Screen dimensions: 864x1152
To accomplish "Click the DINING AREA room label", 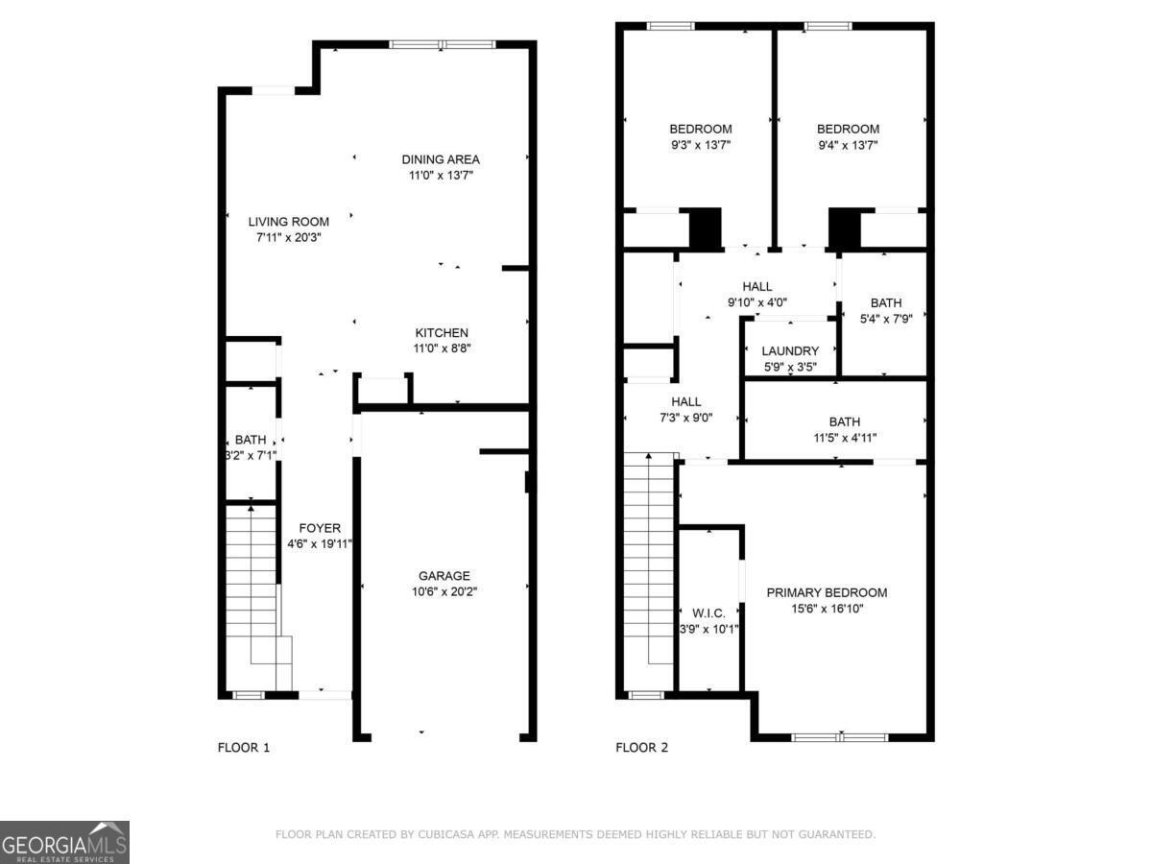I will click(x=441, y=159).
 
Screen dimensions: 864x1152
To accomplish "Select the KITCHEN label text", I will click(x=441, y=333).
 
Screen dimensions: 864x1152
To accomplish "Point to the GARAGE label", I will click(x=444, y=576).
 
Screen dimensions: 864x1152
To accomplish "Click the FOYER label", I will click(x=320, y=528).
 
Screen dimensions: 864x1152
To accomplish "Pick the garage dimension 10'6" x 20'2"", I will click(x=444, y=592).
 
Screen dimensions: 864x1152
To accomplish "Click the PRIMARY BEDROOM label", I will click(x=827, y=592).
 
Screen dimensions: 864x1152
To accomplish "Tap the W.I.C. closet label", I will click(x=708, y=612).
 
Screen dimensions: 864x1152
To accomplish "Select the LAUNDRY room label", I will click(x=790, y=351).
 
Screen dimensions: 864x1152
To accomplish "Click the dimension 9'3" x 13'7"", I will click(x=700, y=146).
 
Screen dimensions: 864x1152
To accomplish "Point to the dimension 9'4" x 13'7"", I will click(x=848, y=146).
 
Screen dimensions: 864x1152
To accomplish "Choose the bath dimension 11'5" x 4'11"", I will click(x=844, y=438).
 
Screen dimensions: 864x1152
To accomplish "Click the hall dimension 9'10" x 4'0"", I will click(x=757, y=302).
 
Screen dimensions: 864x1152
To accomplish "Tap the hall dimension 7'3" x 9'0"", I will click(x=685, y=418).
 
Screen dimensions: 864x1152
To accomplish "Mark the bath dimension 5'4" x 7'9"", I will click(x=885, y=319).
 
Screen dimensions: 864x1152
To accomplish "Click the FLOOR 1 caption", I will click(x=244, y=748).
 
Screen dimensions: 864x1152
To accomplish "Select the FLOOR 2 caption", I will click(x=641, y=748).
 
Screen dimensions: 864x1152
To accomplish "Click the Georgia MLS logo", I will click(x=64, y=842).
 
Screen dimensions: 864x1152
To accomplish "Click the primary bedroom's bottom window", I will click(x=840, y=737).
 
